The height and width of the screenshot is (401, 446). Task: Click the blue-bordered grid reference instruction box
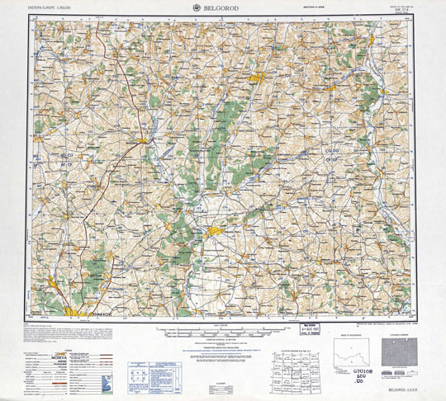coord(135,372)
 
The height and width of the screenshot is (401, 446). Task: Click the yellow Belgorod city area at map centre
coord(216,232)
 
